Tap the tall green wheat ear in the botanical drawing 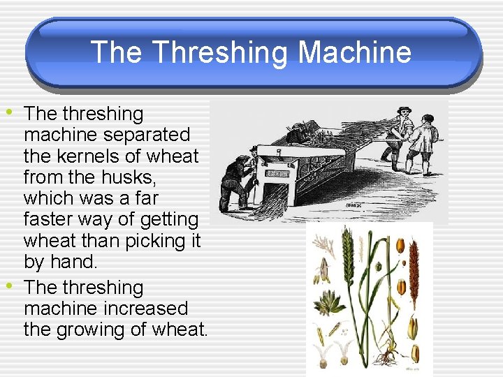click(347, 252)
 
